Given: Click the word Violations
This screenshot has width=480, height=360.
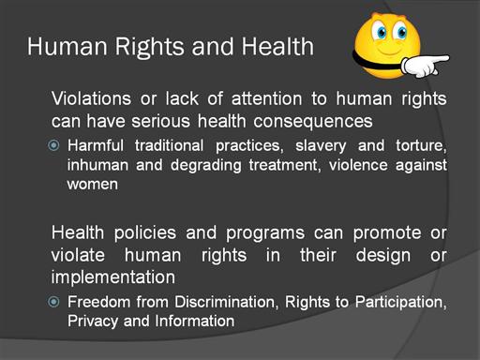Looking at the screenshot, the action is click(91, 98).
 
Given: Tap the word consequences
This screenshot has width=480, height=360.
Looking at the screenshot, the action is click(313, 122).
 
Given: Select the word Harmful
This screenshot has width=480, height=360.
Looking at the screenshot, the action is click(96, 145).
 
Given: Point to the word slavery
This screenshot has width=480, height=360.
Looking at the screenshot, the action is click(321, 146).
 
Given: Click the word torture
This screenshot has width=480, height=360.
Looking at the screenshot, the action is click(421, 146).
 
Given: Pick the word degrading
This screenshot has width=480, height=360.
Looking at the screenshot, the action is click(206, 166).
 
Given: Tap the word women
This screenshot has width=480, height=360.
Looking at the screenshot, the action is click(93, 185).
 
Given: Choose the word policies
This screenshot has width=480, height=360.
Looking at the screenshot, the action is click(145, 233).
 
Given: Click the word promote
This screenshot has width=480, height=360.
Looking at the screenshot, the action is click(387, 233).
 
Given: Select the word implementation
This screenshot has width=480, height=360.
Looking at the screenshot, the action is click(113, 277).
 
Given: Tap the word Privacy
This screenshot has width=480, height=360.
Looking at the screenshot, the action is click(93, 322).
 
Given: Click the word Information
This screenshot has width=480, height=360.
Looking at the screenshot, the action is click(195, 321).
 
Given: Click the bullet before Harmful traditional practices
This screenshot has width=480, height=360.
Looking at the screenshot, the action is click(53, 145).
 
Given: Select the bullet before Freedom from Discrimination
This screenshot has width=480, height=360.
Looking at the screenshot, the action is click(53, 302).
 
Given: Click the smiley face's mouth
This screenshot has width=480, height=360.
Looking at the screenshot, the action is click(389, 52).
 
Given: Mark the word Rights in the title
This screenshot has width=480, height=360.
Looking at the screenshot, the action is click(150, 47).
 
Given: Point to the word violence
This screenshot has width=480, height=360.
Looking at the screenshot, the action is click(358, 165).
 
